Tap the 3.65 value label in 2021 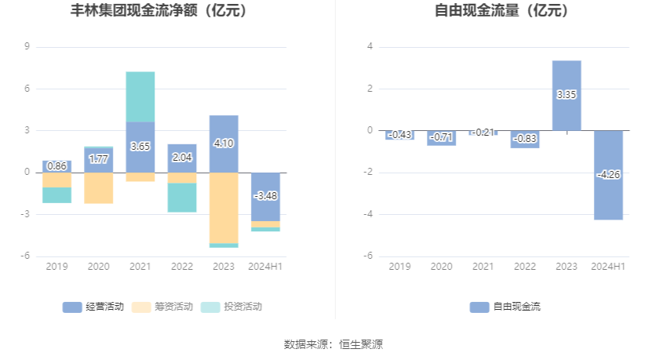140,146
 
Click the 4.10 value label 224,144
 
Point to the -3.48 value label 265,195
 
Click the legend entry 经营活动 93,307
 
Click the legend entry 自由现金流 505,307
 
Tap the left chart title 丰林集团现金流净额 148,11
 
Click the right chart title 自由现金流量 501,11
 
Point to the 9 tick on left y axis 27,47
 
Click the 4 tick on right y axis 370,47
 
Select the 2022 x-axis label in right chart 525,267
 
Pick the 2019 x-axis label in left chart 56,267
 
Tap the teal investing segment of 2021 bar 140,96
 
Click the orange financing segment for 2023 224,208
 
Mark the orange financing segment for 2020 99,188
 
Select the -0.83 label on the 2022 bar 525,139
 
